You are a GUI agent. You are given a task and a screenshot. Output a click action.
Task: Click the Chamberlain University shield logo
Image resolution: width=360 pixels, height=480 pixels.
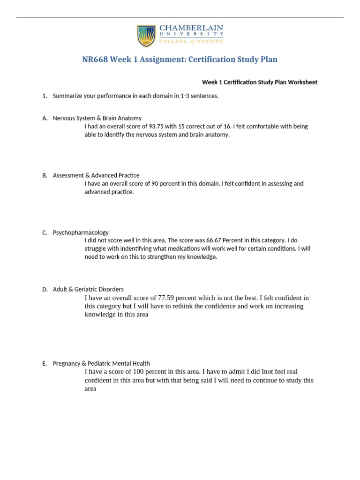tap(146, 36)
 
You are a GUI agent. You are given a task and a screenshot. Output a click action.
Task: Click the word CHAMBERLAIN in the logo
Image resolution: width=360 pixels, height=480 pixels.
tap(192, 29)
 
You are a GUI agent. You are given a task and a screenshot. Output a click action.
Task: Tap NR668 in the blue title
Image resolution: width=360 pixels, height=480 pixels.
tap(96, 60)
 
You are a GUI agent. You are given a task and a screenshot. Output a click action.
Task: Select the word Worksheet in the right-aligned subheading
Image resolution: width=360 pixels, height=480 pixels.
tap(303, 82)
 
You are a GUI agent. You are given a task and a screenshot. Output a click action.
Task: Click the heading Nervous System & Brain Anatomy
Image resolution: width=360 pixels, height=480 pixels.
tap(97, 118)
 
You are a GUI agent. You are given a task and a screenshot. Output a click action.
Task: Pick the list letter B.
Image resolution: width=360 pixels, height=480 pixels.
tap(45, 175)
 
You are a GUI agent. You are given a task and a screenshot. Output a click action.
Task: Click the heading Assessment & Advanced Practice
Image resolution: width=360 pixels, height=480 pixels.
tap(96, 175)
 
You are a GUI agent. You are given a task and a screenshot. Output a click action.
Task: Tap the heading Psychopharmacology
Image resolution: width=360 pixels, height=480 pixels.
tap(81, 232)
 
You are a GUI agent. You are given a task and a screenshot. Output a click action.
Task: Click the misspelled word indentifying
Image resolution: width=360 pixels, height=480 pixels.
tap(132, 249)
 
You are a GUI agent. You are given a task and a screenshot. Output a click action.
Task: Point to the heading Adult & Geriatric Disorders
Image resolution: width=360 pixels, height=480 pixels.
tap(88, 290)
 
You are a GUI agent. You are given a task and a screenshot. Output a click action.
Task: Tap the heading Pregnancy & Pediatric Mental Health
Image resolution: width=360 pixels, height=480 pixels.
tap(101, 363)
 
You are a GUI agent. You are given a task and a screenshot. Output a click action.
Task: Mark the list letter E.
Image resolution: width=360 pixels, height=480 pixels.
tap(45, 363)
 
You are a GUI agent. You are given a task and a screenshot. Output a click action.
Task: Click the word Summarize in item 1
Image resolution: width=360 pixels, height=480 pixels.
tap(67, 96)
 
